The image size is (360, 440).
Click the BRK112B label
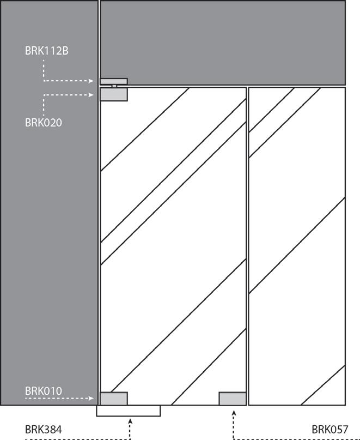tap(46, 51)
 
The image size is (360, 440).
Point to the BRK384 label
tap(44, 430)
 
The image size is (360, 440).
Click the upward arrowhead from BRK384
tap(130, 420)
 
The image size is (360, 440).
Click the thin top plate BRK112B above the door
tap(113, 81)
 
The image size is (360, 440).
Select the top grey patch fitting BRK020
tap(113, 95)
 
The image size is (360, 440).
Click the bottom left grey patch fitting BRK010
tap(113, 399)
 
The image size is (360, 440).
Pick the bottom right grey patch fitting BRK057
tap(233, 399)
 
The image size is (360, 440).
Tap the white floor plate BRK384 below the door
tap(129, 411)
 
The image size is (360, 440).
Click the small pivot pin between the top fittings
tap(114, 86)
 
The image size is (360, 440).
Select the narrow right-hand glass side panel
tap(297, 245)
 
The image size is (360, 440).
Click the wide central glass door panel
tap(173, 245)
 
